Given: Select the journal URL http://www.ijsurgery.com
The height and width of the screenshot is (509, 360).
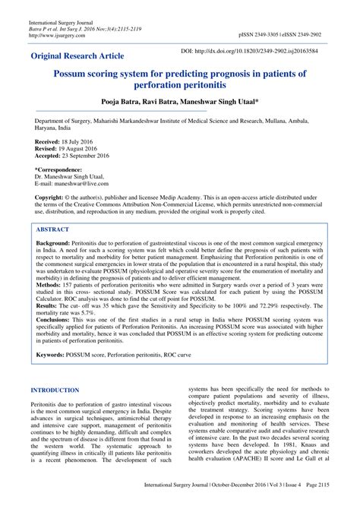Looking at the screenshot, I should tap(55, 34).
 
